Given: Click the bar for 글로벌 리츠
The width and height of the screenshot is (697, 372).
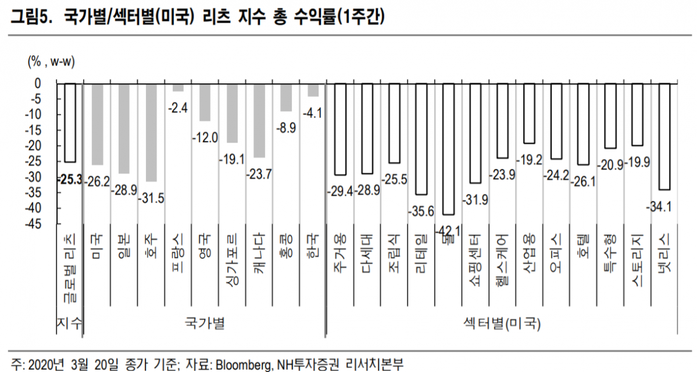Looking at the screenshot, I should click(70, 123).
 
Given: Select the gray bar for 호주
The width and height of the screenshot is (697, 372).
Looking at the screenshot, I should click(151, 132).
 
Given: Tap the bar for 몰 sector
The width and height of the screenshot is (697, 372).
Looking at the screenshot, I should click(448, 149).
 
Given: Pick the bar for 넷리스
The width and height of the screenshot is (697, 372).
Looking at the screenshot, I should click(664, 137).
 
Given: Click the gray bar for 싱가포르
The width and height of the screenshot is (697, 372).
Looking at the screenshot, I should click(231, 113).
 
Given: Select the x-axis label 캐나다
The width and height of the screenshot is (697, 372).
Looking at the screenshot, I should click(259, 257).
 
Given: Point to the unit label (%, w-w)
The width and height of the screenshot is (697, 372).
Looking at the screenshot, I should click(52, 61).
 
